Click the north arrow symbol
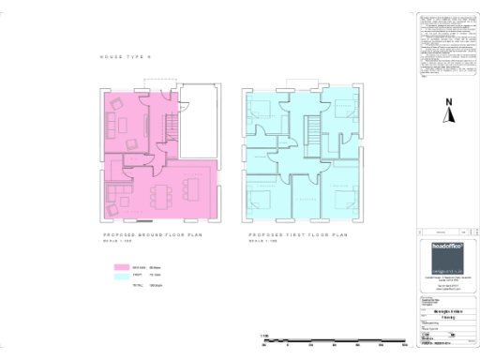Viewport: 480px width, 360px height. (449, 116)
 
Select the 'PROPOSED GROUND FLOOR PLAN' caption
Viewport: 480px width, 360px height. (156, 235)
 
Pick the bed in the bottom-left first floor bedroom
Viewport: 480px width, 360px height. (260, 199)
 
